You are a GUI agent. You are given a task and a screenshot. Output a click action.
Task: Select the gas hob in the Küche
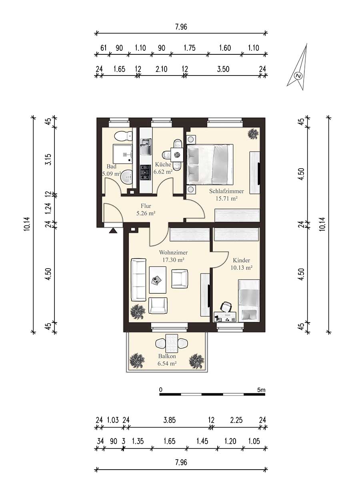tap(146, 173)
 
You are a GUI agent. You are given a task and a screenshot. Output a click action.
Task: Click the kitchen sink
tap(146, 147)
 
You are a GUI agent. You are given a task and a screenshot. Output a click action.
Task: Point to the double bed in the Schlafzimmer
tap(210, 165)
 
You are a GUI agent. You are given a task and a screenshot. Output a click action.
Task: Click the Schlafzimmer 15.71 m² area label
tap(226, 195)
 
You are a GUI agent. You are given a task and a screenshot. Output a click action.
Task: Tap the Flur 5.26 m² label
tap(146, 209)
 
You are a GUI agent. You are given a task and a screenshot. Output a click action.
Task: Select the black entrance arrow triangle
tap(113, 231)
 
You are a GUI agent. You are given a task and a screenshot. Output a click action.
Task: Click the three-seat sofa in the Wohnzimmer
tap(138, 280)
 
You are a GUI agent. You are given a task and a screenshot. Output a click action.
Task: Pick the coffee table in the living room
tap(158, 280)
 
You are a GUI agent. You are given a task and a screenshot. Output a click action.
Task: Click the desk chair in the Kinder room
tap(226, 307)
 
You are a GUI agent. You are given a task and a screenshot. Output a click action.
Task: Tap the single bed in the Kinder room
tap(249, 301)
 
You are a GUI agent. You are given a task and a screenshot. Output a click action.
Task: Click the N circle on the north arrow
tap(298, 76)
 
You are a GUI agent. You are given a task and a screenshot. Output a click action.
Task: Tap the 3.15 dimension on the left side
tap(49, 159)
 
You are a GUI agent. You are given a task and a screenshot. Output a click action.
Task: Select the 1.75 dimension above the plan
tap(189, 48)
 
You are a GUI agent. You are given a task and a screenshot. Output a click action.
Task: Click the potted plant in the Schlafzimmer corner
tap(253, 133)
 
